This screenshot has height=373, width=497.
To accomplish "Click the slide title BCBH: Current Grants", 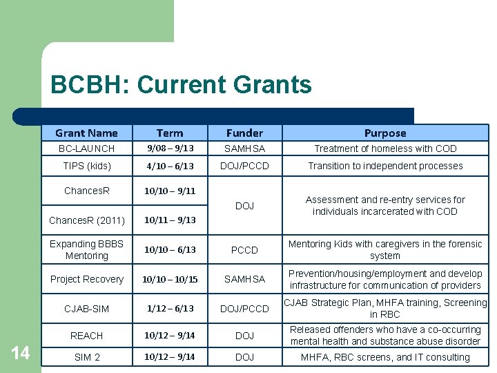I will pyautogui.click(x=181, y=85).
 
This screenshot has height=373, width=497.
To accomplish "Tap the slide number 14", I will pyautogui.click(x=21, y=354).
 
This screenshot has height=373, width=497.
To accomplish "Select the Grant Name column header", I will pyautogui.click(x=86, y=133).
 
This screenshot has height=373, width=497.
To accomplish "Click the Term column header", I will pyautogui.click(x=170, y=133).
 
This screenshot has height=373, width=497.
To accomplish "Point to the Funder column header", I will pyautogui.click(x=244, y=133).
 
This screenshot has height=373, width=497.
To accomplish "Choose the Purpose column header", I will pyautogui.click(x=385, y=133).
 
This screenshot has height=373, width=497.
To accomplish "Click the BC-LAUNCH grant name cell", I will pyautogui.click(x=86, y=149).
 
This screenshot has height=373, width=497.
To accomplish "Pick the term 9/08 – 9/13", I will pyautogui.click(x=170, y=149).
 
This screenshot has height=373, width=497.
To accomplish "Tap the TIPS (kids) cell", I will pyautogui.click(x=86, y=166).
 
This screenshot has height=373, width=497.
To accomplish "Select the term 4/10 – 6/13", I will pyautogui.click(x=170, y=166).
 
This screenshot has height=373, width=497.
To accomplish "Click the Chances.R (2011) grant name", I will pyautogui.click(x=87, y=220).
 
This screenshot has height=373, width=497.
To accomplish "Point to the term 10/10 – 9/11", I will pyautogui.click(x=170, y=190).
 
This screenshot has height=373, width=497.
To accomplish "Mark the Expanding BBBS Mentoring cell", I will pyautogui.click(x=87, y=249).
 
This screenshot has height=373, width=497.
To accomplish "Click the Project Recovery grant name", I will pyautogui.click(x=87, y=279).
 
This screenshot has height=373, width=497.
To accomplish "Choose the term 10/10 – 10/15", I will pyautogui.click(x=170, y=279).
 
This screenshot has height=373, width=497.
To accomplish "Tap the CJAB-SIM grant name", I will pyautogui.click(x=86, y=308).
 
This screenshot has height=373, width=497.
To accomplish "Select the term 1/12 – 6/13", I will pyautogui.click(x=170, y=308).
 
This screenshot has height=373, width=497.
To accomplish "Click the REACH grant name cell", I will pyautogui.click(x=86, y=335).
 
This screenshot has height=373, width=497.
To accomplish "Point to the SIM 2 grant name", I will pyautogui.click(x=86, y=357).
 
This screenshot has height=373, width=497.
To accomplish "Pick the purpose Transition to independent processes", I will pyautogui.click(x=385, y=166).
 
